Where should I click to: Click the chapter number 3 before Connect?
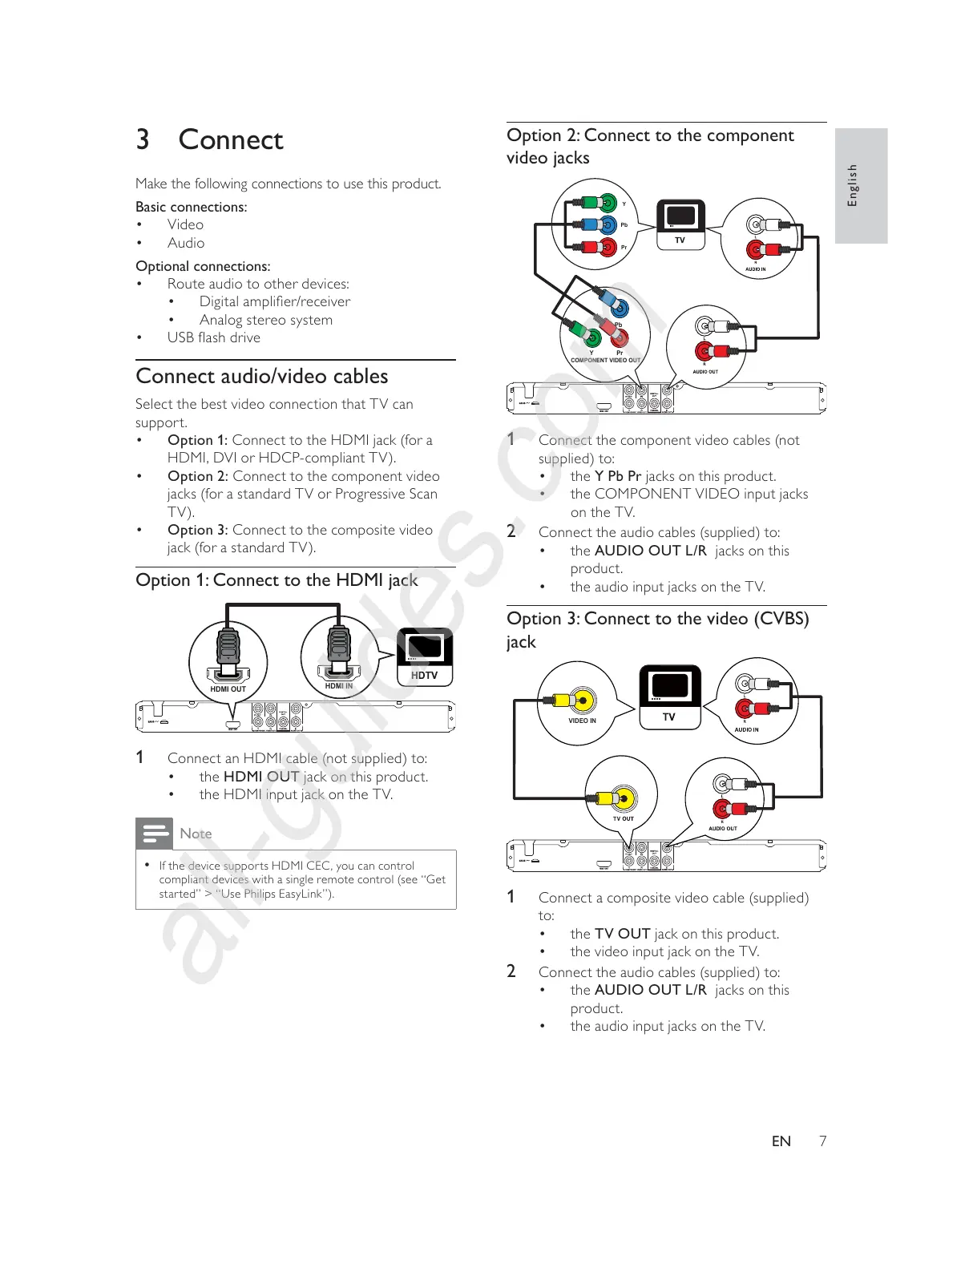pos(143,139)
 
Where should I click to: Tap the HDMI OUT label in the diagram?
pos(228,689)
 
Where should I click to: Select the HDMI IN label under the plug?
pos(338,686)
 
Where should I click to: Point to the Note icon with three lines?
pos(154,834)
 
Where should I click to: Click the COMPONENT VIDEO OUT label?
pos(605,361)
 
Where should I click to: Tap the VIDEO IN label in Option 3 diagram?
pos(582,721)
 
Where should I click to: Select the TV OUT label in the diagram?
pos(623,818)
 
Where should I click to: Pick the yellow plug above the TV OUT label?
pos(620,798)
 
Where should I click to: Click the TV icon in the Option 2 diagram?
pos(680,224)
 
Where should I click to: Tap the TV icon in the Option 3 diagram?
pos(670,697)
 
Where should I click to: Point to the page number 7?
pos(822,1141)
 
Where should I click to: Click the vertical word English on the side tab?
pos(853,185)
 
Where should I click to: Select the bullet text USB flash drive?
pos(213,337)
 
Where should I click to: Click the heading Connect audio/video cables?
pos(262,376)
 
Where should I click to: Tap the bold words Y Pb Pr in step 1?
pos(617,476)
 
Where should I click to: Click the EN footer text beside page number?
pos(781,1141)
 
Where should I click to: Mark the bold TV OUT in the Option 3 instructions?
pos(622,934)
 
